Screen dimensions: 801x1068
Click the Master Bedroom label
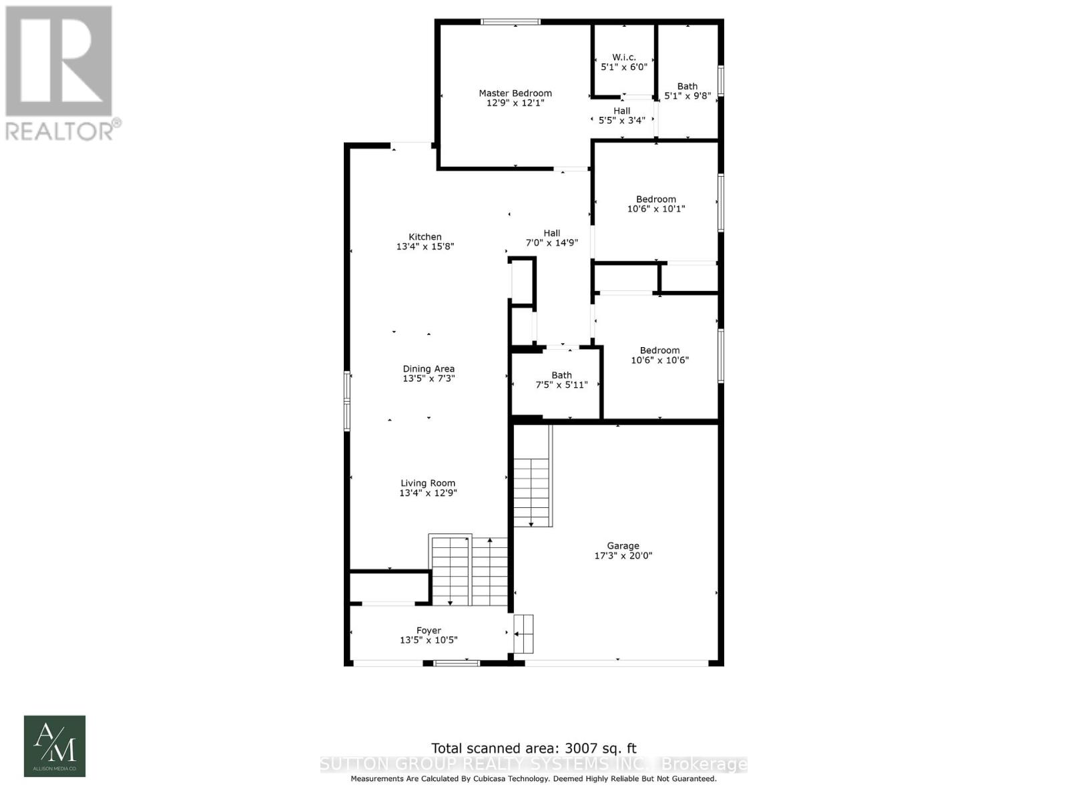coord(515,93)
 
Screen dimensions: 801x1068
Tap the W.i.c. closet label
coord(623,57)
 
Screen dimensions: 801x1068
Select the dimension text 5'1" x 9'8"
coord(688,95)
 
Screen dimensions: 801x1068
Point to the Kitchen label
coord(425,237)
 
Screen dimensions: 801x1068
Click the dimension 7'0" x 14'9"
coord(551,243)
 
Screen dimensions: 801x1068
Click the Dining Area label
coord(428,369)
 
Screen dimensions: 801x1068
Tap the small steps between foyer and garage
coord(523,633)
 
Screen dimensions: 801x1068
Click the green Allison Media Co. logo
coord(55,746)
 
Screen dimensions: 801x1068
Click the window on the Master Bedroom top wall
coord(511,22)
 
